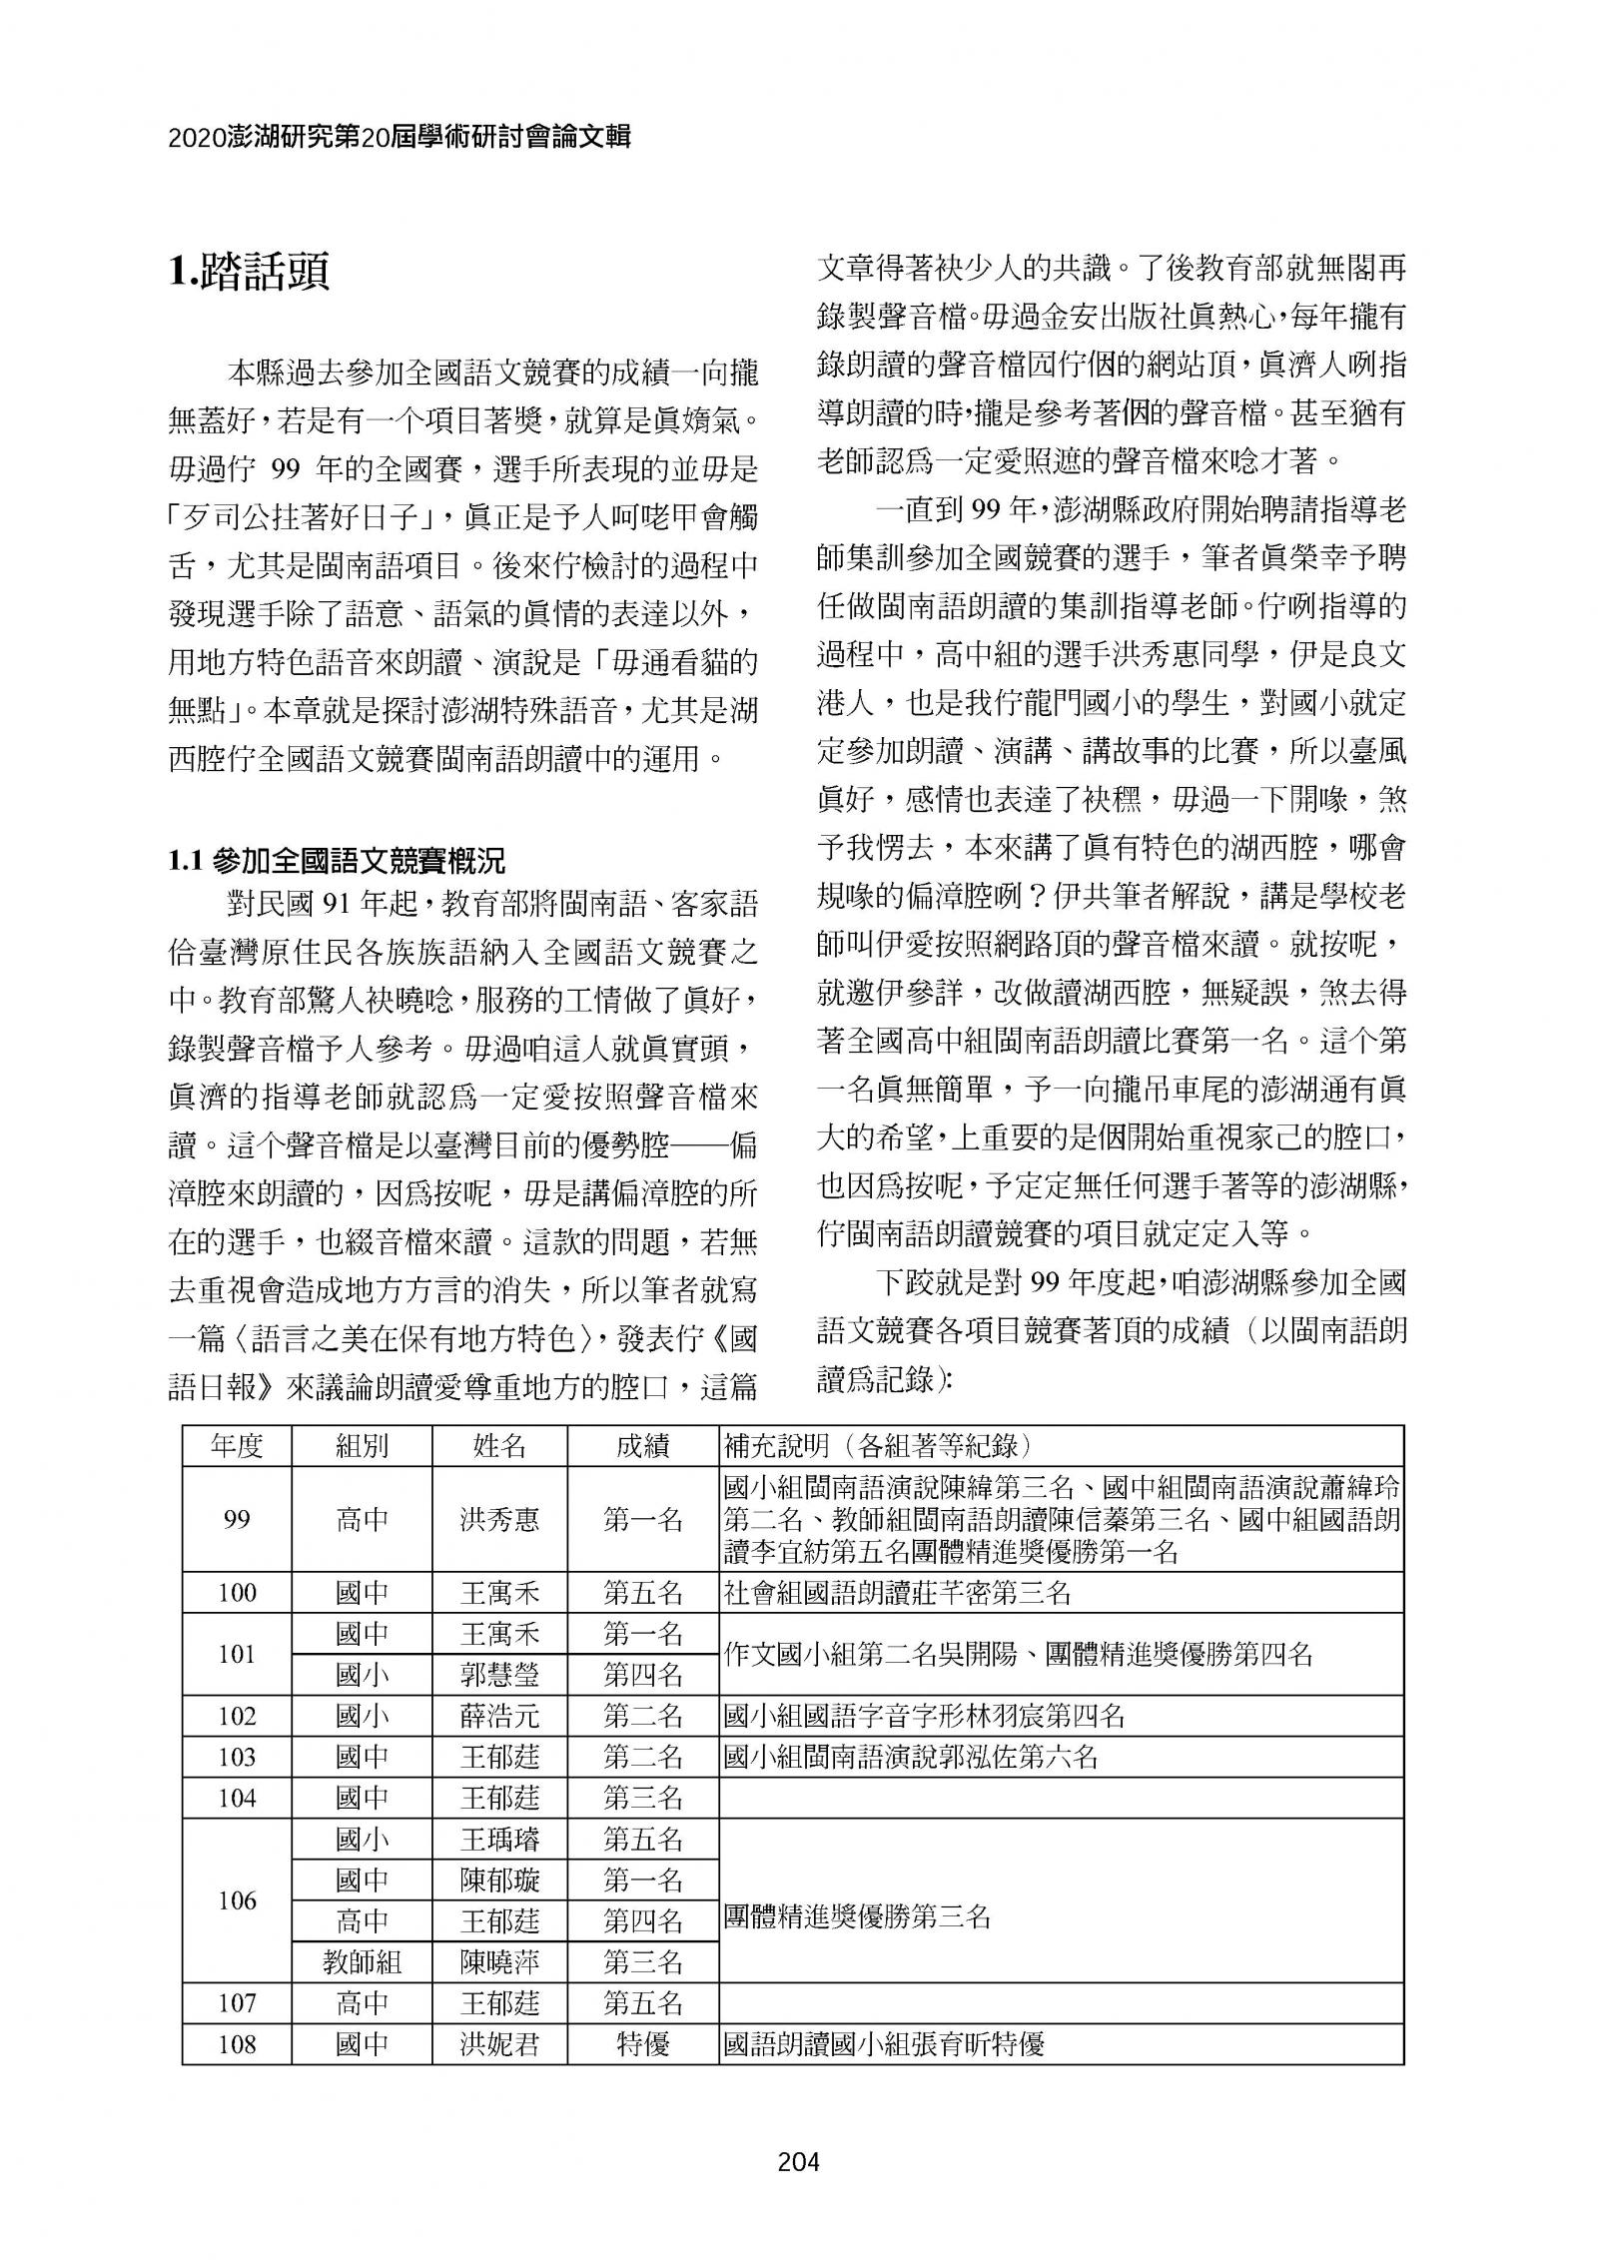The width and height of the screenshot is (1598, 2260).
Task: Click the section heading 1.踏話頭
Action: tap(250, 273)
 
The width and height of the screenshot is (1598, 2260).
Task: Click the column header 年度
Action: tap(237, 1445)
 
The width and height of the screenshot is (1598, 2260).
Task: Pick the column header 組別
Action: tap(362, 1445)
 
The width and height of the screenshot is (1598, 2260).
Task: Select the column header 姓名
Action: tap(499, 1445)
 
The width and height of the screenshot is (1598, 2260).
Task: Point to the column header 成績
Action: tap(643, 1445)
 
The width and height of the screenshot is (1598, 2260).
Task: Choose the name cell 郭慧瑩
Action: tap(499, 1675)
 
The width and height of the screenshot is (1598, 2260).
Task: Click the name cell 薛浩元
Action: tap(499, 1716)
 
